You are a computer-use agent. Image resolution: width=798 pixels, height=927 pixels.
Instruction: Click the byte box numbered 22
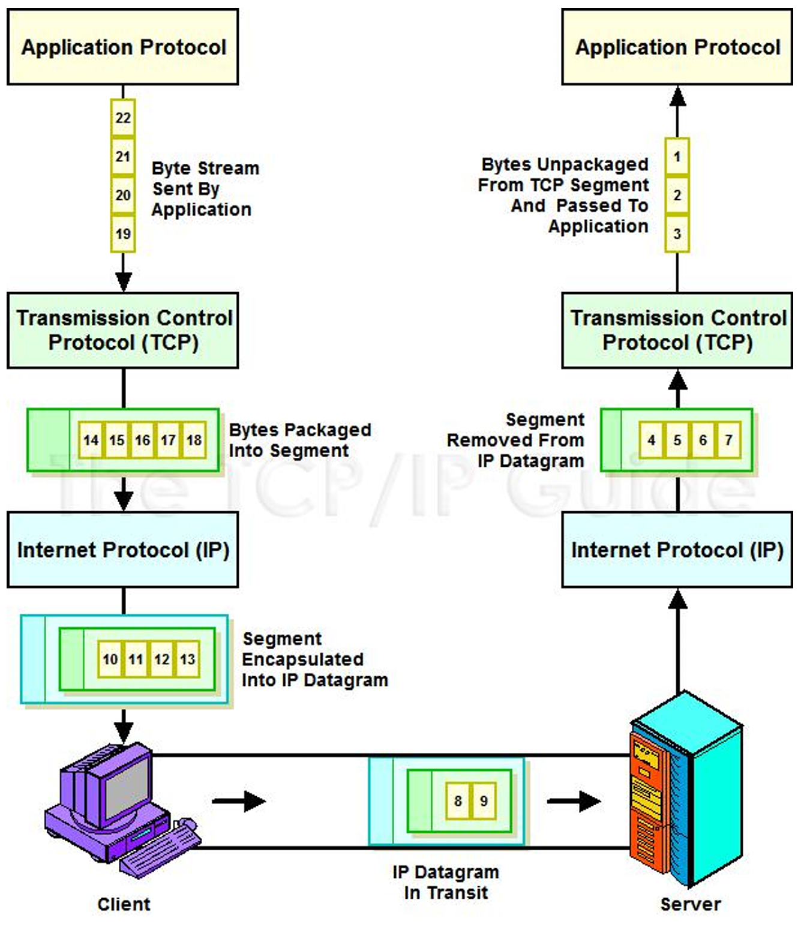(x=123, y=118)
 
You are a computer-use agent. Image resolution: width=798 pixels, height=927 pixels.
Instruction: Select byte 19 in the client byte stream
(x=123, y=233)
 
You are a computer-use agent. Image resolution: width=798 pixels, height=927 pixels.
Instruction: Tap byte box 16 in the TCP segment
(x=142, y=440)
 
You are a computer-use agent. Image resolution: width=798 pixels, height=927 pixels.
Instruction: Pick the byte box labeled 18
(x=194, y=440)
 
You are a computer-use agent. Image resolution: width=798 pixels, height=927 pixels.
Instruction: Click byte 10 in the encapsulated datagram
(x=110, y=659)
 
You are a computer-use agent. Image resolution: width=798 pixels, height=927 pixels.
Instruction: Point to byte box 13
(x=188, y=659)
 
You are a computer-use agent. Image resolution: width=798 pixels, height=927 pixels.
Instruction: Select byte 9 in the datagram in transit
(x=484, y=801)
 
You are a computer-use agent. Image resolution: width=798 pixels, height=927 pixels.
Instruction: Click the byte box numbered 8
(x=458, y=801)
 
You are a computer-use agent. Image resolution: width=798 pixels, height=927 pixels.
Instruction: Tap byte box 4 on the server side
(x=652, y=440)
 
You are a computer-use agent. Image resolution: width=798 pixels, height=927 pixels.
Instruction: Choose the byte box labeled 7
(x=728, y=440)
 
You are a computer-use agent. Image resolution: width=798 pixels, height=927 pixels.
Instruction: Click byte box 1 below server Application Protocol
(x=677, y=157)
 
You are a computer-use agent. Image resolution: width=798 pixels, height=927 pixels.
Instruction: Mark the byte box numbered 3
(x=677, y=233)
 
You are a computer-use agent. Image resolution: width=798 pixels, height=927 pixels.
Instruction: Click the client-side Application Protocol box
(x=122, y=47)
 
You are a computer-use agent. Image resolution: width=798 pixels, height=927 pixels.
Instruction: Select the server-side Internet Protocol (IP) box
(x=677, y=550)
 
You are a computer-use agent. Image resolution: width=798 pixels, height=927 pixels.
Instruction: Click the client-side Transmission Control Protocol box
(x=122, y=331)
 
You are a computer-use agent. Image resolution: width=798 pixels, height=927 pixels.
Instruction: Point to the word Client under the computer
(x=124, y=904)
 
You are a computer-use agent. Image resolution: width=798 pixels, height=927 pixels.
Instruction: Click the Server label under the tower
(x=691, y=904)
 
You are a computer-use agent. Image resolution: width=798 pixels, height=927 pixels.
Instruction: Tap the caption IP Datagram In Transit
(x=446, y=883)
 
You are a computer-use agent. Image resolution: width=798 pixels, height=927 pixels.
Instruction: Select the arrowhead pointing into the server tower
(x=589, y=801)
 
